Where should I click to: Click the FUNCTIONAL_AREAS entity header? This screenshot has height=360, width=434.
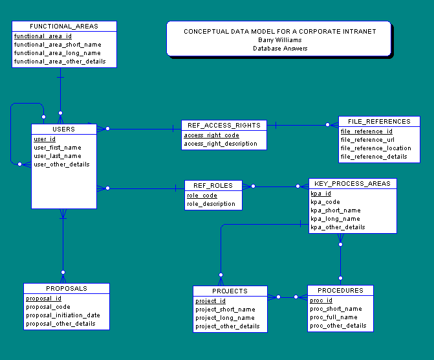tap(64, 27)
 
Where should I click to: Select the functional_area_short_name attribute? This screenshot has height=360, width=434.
tap(58, 45)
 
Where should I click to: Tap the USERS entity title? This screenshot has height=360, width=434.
tap(63, 129)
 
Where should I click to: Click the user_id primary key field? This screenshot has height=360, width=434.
tap(45, 139)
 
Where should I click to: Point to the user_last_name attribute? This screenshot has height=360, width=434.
tap(58, 156)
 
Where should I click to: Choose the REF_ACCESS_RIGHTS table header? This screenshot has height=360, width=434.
tap(224, 126)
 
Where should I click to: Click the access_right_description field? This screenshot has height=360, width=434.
tap(221, 144)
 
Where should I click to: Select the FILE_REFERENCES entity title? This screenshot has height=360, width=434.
tap(379, 122)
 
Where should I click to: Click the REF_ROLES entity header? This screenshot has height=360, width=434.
tap(213, 186)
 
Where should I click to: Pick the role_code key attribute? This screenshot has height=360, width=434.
tap(202, 196)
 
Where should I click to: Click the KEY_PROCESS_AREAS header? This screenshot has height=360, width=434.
tap(352, 184)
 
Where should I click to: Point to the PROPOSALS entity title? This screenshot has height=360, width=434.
tap(66, 289)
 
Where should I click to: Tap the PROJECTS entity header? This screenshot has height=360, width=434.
tap(230, 291)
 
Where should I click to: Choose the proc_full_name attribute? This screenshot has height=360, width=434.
tap(334, 317)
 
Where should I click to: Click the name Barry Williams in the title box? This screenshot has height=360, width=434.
tap(280, 40)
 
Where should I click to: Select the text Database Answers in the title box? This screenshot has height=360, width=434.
tap(280, 49)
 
